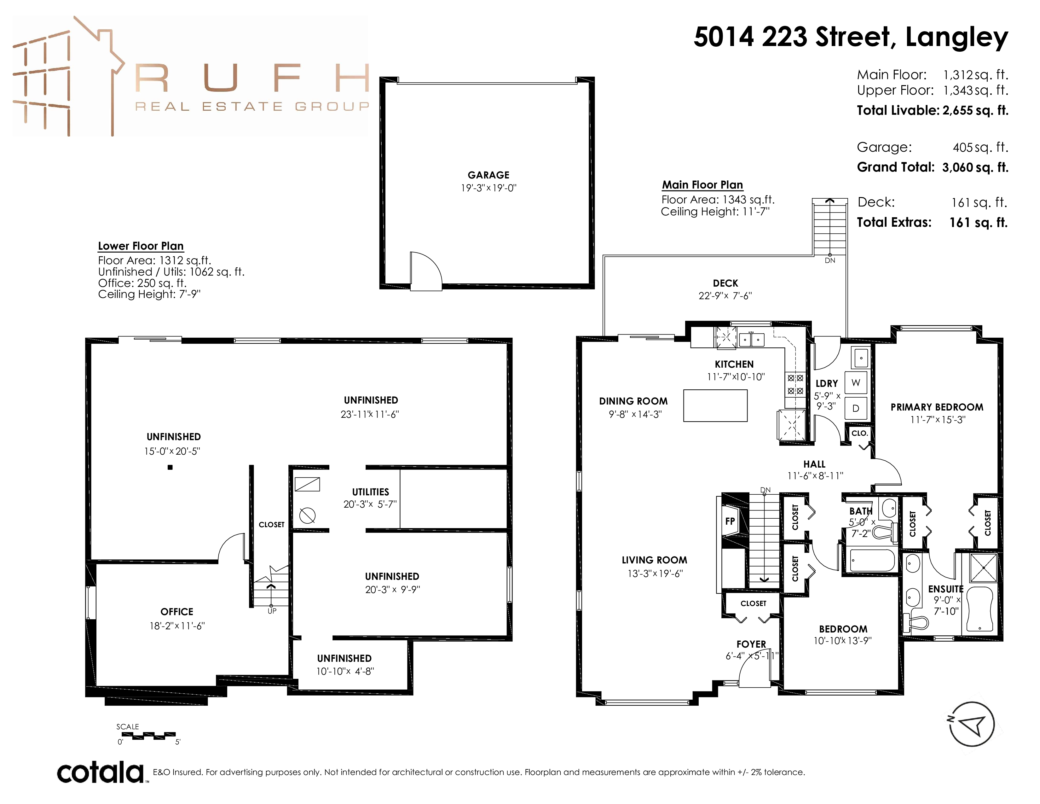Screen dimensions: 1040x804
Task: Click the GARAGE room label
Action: (488, 175)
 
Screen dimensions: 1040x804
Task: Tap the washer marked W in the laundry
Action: (856, 382)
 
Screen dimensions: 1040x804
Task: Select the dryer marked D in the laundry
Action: (856, 408)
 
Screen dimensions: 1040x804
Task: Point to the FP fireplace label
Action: (730, 521)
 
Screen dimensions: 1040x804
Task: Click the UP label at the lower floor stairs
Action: (272, 611)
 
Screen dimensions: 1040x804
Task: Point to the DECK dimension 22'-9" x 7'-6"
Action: (725, 296)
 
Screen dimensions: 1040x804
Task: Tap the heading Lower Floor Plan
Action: (141, 246)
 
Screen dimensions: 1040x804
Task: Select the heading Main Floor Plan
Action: (702, 185)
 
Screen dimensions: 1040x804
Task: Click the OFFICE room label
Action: (177, 612)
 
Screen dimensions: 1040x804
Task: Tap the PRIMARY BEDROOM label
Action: (937, 407)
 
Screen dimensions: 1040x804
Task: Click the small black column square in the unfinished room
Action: (170, 467)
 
